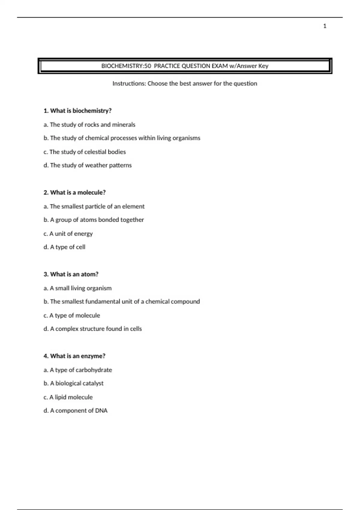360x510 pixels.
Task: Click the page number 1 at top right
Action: pyautogui.click(x=325, y=26)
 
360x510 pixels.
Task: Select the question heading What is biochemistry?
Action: pyautogui.click(x=77, y=111)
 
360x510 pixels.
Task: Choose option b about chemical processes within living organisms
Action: pyautogui.click(x=122, y=138)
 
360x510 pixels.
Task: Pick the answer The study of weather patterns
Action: pyautogui.click(x=88, y=165)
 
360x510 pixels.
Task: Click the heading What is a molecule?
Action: pyautogui.click(x=75, y=193)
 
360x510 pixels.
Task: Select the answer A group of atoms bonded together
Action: pyautogui.click(x=94, y=220)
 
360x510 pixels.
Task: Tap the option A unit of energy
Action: pyautogui.click(x=68, y=234)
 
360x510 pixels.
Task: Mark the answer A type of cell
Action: pyautogui.click(x=64, y=247)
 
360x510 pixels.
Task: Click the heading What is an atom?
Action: pyautogui.click(x=71, y=274)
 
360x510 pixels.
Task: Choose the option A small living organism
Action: pyautogui.click(x=77, y=288)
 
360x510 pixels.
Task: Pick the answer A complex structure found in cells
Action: pyautogui.click(x=93, y=329)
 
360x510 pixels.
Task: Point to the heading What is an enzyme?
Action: pyautogui.click(x=74, y=356)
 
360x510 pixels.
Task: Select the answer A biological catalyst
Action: pyautogui.click(x=73, y=383)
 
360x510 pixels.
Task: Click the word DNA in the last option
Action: pyautogui.click(x=101, y=411)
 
